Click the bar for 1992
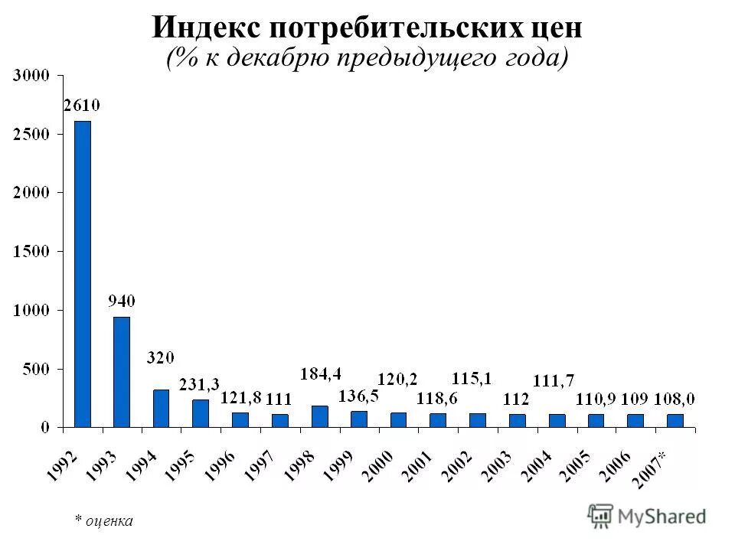coord(82,273)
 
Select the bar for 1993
coord(122,371)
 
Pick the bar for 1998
coord(319,416)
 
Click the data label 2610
coord(82,106)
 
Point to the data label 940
coord(122,302)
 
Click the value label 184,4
coord(320,374)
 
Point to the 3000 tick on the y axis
coord(33,75)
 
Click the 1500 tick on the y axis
coord(33,251)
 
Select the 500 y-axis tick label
coord(37,369)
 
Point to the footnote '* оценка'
coord(103,520)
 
